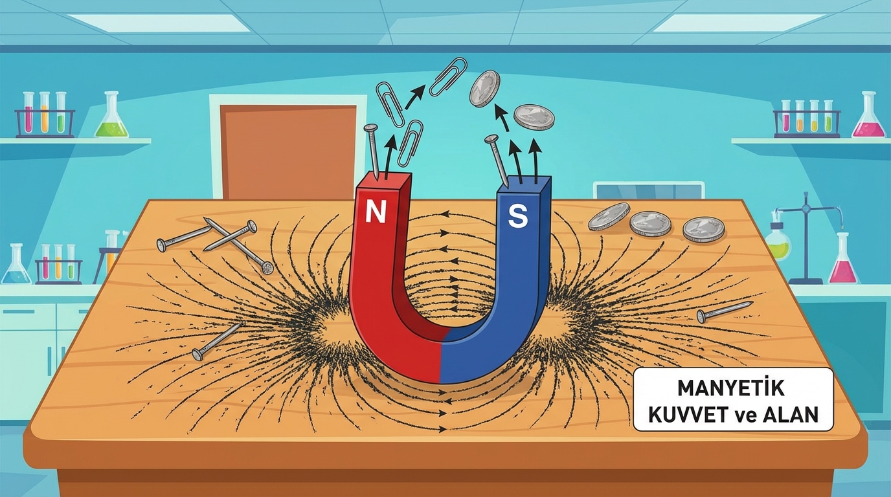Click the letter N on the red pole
375,212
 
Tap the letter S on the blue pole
517,217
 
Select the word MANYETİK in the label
731,388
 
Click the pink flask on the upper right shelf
868,118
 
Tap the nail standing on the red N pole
373,151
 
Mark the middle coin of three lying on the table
651,223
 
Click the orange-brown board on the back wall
288,151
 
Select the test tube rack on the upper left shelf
45,116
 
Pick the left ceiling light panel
159,23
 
